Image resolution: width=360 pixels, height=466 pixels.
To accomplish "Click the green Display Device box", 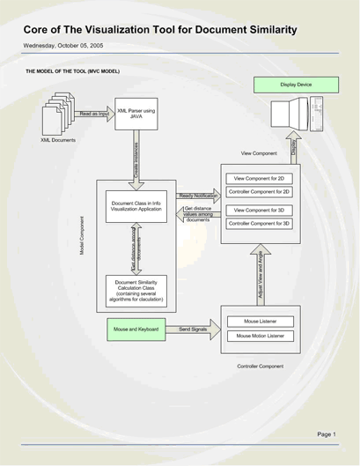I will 295,85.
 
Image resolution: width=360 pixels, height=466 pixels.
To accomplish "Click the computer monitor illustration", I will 296,122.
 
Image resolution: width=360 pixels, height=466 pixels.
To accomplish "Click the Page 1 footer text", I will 326,434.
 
